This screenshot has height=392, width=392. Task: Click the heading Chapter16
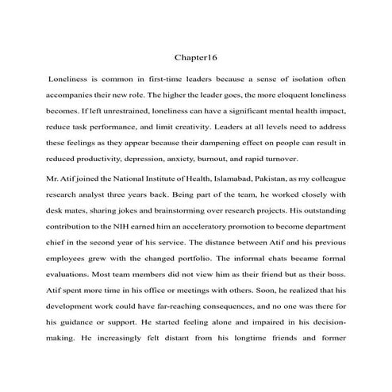click(195, 58)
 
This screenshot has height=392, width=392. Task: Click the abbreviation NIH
click(126, 225)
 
